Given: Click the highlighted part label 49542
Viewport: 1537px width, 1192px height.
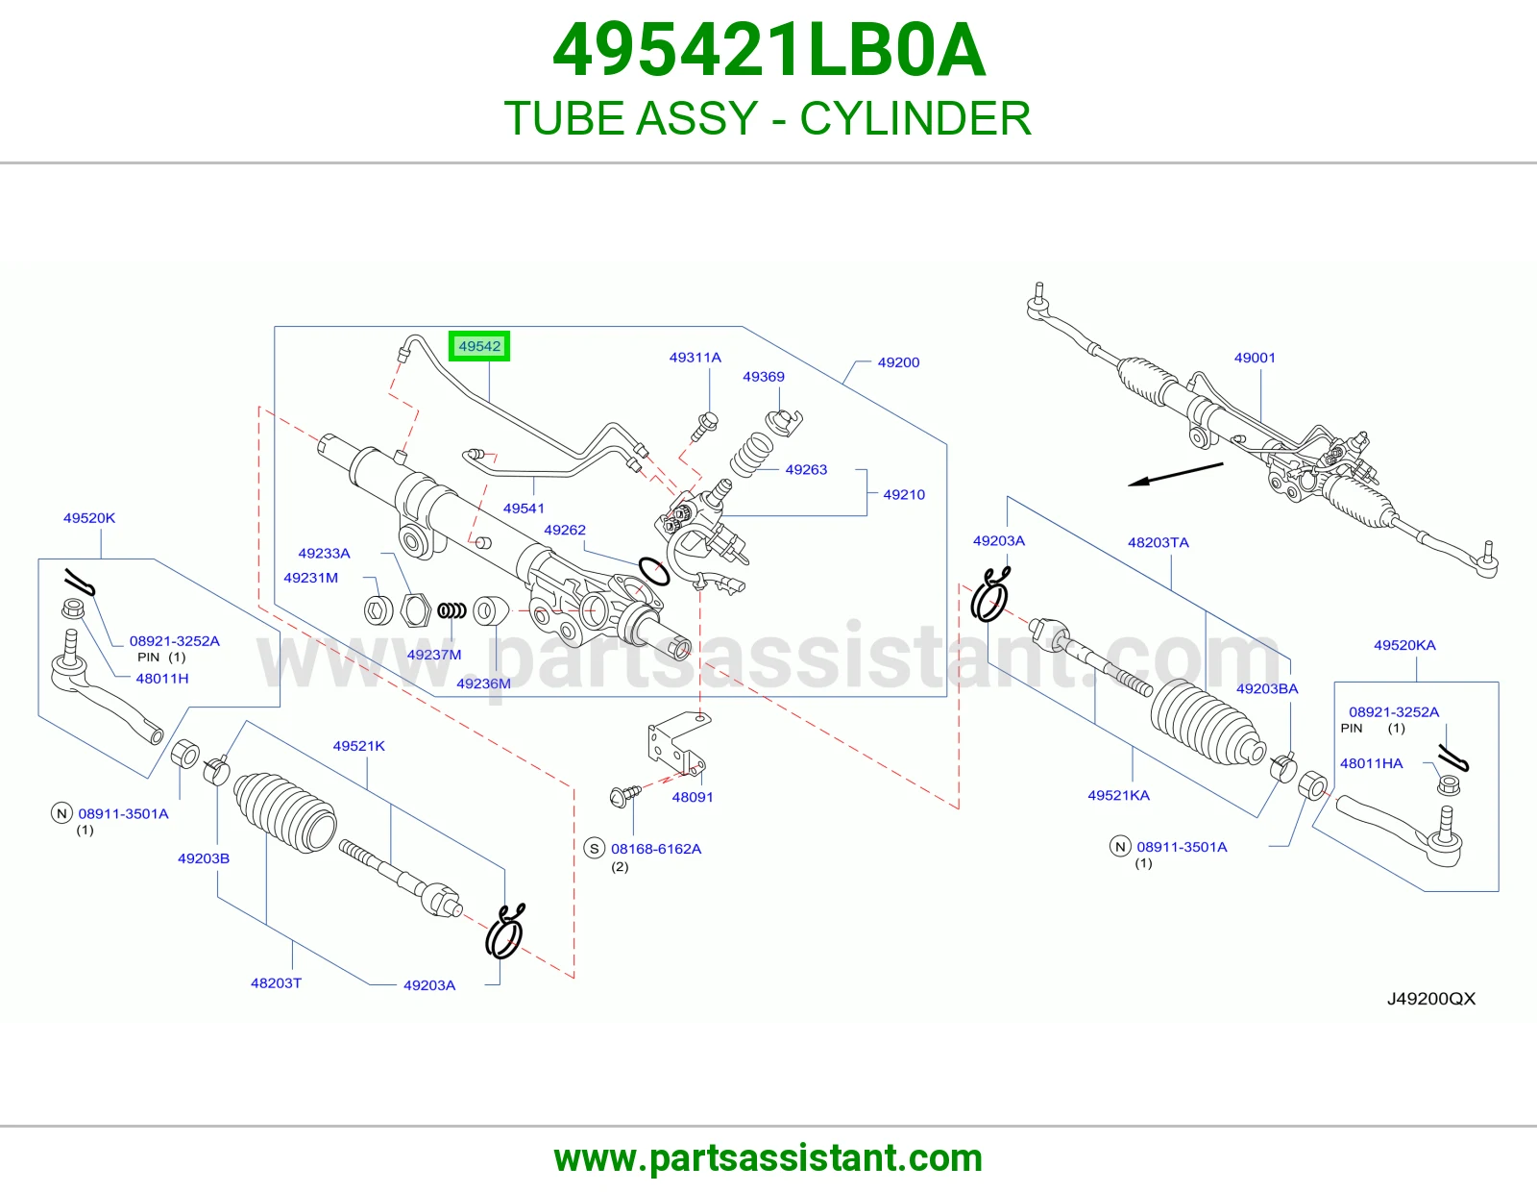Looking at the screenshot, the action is (x=479, y=346).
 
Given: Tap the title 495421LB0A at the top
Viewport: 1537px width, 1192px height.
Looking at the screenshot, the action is (x=768, y=51).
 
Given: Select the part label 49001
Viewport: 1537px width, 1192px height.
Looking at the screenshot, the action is (x=1254, y=358).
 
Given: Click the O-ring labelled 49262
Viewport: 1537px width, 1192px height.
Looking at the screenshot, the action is (x=653, y=571).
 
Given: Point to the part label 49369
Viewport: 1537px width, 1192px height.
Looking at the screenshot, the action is (x=763, y=377).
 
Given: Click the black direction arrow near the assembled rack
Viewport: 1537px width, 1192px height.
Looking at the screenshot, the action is (x=1175, y=474).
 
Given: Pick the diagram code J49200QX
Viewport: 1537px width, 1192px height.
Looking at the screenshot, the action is (x=1431, y=999).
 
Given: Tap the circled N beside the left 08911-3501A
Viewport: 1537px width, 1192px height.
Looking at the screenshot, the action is (x=61, y=813).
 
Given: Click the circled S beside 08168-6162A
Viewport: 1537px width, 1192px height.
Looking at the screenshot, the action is (x=594, y=849).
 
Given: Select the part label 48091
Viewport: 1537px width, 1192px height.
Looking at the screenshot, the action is (x=693, y=797).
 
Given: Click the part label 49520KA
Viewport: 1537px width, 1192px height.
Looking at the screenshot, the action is (x=1404, y=645).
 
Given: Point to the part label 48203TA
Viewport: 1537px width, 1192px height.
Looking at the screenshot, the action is (x=1158, y=542).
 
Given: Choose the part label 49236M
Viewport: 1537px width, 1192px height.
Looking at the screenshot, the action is (x=483, y=683).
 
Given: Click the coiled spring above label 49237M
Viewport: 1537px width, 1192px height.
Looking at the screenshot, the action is (x=451, y=610).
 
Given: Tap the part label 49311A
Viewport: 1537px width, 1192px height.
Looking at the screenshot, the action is (x=695, y=358).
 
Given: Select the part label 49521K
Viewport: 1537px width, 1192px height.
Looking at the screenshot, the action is (x=358, y=745).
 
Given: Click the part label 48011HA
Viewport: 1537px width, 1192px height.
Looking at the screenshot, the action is (x=1372, y=763).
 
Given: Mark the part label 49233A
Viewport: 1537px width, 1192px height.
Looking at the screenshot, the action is (x=324, y=553).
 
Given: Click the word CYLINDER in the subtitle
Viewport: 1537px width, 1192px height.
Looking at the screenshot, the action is (x=915, y=118).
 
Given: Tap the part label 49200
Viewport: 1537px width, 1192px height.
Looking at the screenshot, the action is (x=898, y=362).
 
